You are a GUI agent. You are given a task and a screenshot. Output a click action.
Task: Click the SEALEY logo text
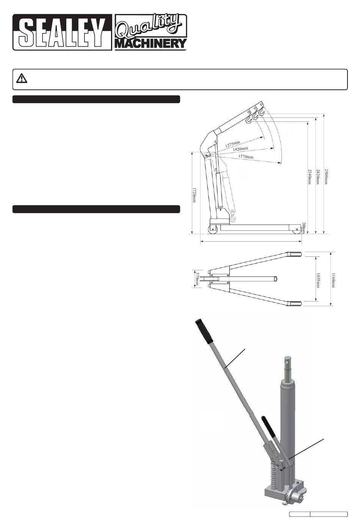click(62, 32)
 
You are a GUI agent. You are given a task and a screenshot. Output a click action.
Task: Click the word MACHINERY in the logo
click(150, 43)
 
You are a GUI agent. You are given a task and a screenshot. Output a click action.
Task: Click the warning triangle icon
click(22, 78)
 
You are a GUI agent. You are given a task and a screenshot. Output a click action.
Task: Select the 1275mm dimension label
click(232, 144)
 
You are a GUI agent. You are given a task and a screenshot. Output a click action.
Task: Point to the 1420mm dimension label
click(240, 148)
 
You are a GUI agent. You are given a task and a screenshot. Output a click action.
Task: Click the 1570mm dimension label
click(246, 156)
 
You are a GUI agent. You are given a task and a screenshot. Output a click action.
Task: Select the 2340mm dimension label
click(309, 177)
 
